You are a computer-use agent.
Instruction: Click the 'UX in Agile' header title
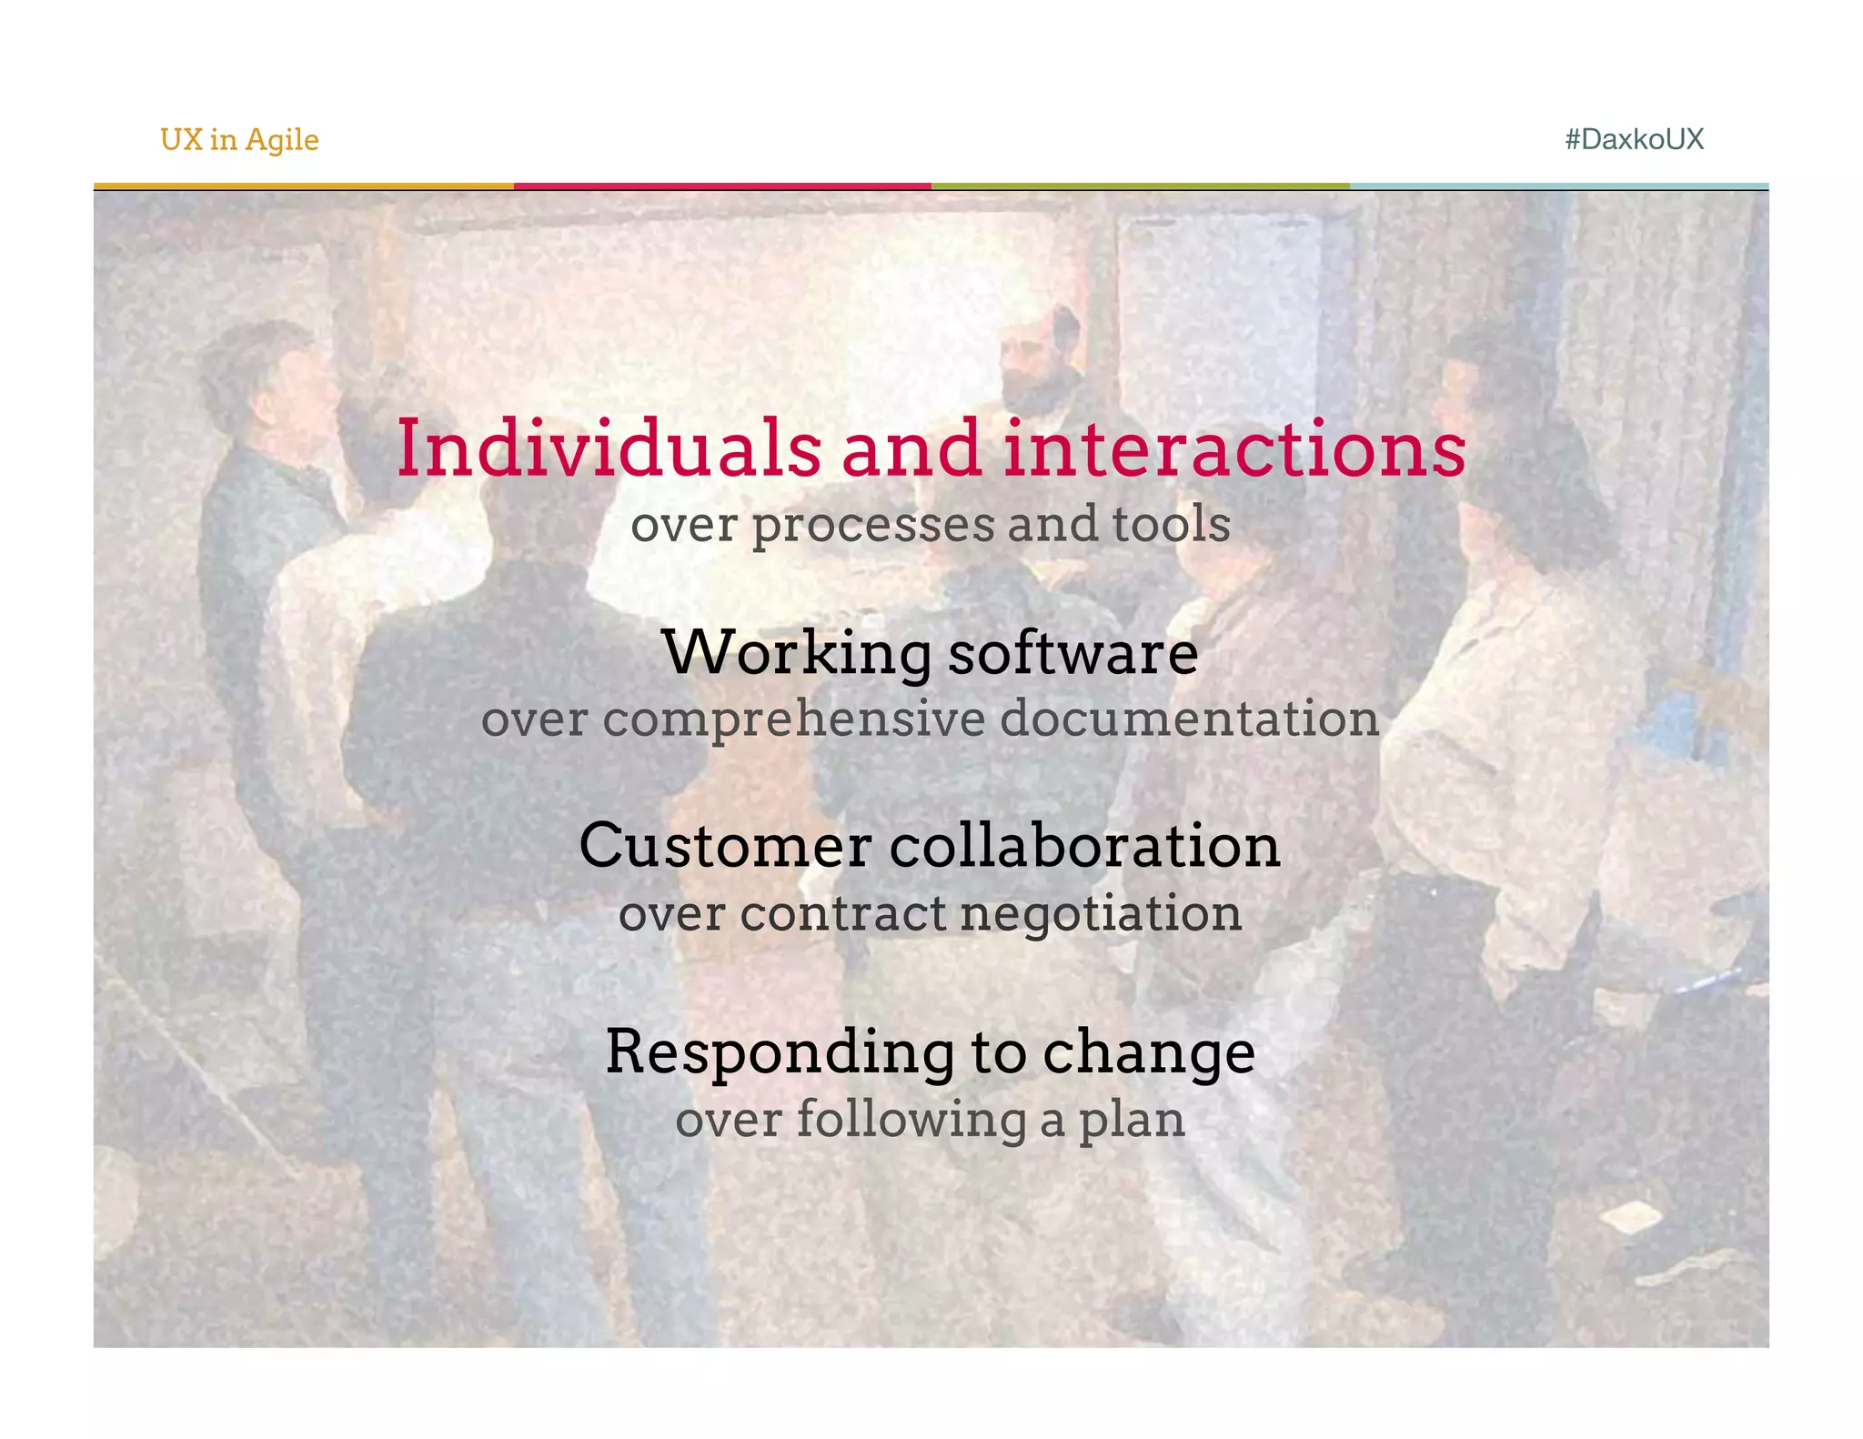tap(239, 139)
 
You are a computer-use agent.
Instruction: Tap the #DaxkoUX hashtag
tap(1634, 139)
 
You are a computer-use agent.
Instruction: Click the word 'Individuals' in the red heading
tap(609, 448)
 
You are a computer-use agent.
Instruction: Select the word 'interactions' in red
tap(1234, 448)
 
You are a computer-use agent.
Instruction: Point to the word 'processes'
tap(872, 526)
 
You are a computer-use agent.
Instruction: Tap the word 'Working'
tap(797, 653)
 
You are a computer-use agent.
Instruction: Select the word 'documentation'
tap(1190, 718)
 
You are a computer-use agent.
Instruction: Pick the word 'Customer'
tap(725, 845)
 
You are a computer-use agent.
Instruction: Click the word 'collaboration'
tap(1084, 845)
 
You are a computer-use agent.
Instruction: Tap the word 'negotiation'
tap(1101, 914)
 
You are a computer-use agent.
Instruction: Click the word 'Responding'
tap(780, 1052)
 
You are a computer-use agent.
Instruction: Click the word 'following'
tap(911, 1120)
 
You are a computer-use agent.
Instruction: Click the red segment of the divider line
tap(722, 186)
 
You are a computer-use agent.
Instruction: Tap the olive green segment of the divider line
tap(1140, 186)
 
